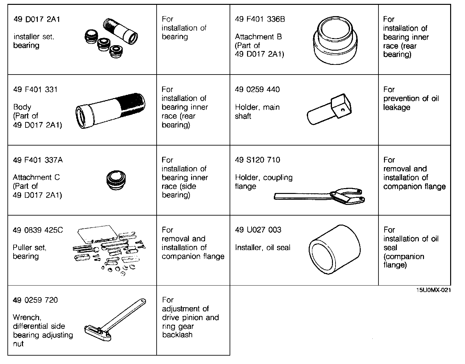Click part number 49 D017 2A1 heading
[36, 19]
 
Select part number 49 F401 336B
[260, 19]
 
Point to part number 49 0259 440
[257, 89]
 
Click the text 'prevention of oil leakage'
[411, 103]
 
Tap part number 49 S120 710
[257, 160]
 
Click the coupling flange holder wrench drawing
[320, 196]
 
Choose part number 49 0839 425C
[38, 230]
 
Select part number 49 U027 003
[258, 230]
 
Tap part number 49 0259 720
[35, 300]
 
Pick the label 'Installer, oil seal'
[263, 248]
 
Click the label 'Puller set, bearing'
[29, 252]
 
